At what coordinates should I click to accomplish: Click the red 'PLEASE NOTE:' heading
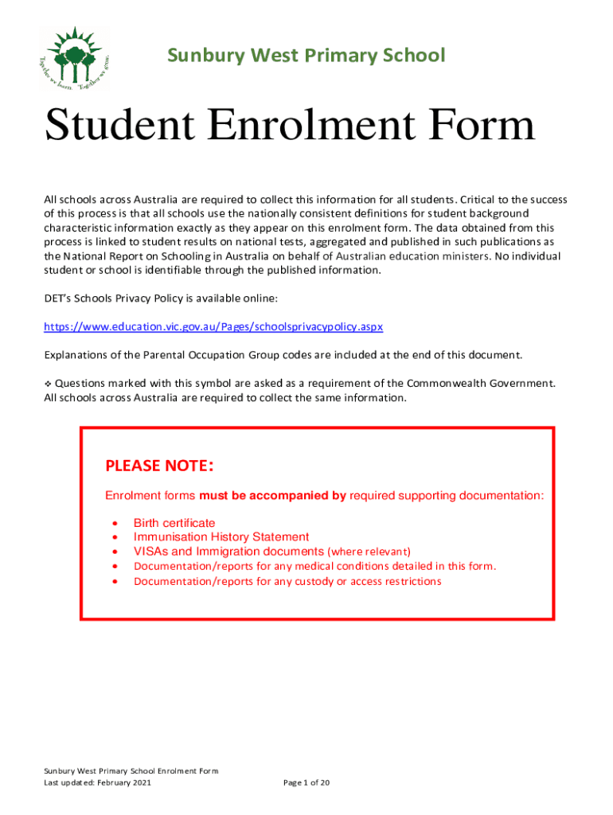[x=159, y=466]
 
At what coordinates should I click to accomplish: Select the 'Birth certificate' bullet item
[x=174, y=523]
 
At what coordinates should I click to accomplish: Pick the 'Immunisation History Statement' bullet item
[x=221, y=537]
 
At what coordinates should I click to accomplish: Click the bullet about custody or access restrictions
[x=287, y=581]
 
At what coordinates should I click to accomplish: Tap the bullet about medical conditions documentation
[x=314, y=566]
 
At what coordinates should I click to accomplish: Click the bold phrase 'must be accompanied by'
[x=272, y=496]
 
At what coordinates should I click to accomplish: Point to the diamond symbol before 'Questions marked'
[x=47, y=384]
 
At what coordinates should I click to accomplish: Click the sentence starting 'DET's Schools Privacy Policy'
[x=160, y=298]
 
